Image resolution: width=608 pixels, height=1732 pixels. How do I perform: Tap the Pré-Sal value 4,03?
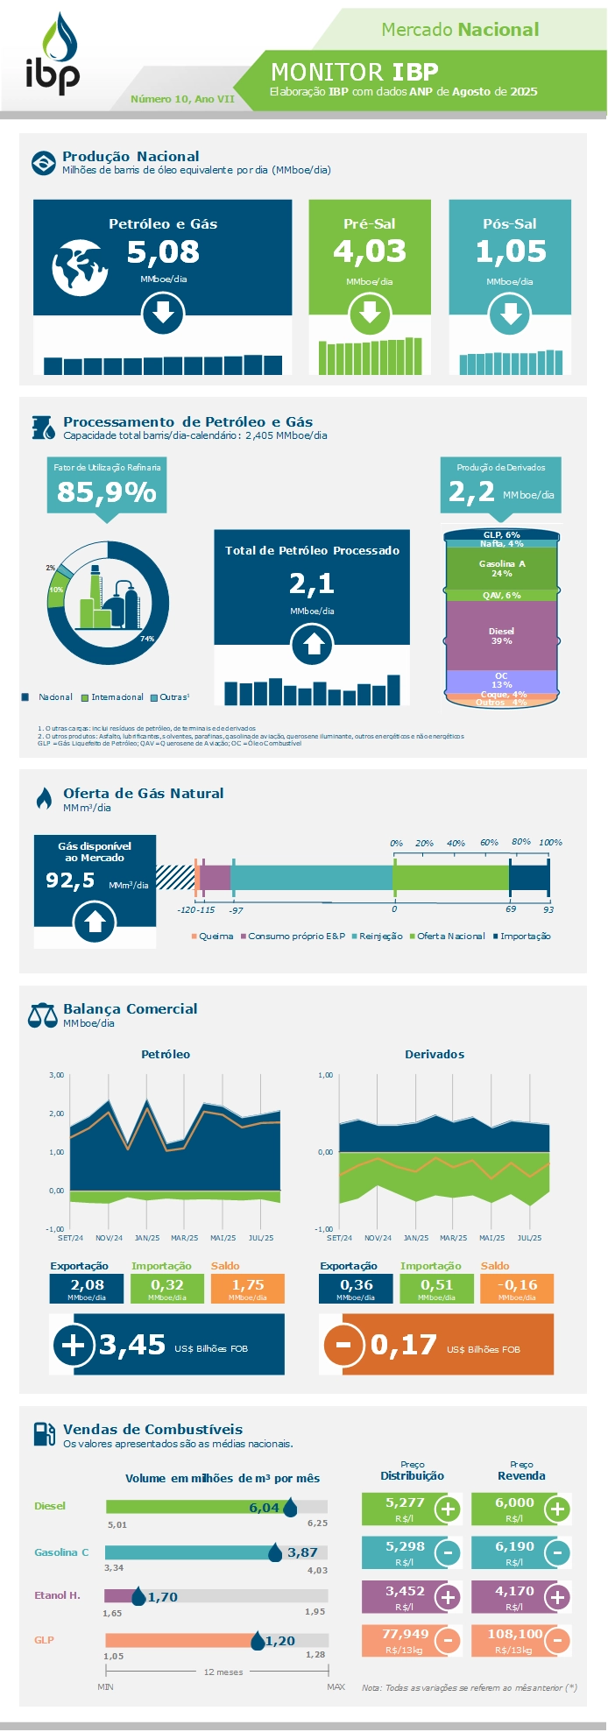click(x=370, y=252)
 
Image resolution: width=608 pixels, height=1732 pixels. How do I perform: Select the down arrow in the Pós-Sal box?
click(x=510, y=314)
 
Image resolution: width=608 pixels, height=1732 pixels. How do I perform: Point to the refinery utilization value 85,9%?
click(x=107, y=492)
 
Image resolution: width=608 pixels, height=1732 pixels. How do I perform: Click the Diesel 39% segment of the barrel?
click(x=502, y=636)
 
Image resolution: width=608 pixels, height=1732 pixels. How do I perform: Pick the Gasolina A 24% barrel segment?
click(x=502, y=569)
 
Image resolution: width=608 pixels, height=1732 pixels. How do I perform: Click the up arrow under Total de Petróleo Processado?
click(x=313, y=647)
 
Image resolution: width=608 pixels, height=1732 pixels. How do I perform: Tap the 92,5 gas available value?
click(x=71, y=880)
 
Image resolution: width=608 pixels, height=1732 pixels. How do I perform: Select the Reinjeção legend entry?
click(x=378, y=937)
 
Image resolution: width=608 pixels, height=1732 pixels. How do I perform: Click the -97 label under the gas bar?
click(x=236, y=910)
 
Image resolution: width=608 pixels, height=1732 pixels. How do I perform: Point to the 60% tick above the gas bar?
click(x=489, y=843)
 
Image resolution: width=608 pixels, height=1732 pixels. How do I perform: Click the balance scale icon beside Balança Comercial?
click(x=42, y=1015)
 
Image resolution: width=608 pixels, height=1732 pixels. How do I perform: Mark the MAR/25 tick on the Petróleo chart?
click(x=185, y=1238)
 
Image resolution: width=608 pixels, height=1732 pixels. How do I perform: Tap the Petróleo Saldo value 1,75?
click(x=248, y=1285)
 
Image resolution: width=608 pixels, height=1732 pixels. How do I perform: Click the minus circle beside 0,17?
click(x=343, y=1345)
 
